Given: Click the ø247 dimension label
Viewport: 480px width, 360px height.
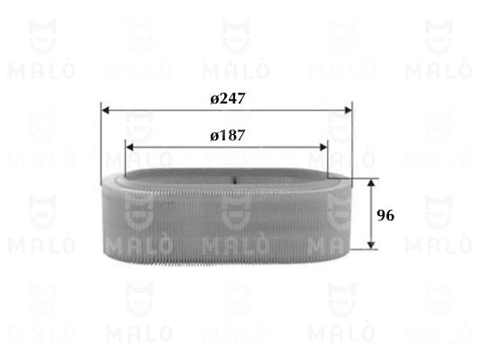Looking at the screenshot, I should click(227, 98).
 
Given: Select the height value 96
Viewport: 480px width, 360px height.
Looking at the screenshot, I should click(385, 215).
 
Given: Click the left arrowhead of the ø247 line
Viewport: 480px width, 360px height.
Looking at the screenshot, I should click(105, 112).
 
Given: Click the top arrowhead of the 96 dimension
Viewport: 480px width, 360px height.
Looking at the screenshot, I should click(370, 183).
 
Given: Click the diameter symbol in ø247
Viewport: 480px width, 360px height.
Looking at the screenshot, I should click(214, 99).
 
